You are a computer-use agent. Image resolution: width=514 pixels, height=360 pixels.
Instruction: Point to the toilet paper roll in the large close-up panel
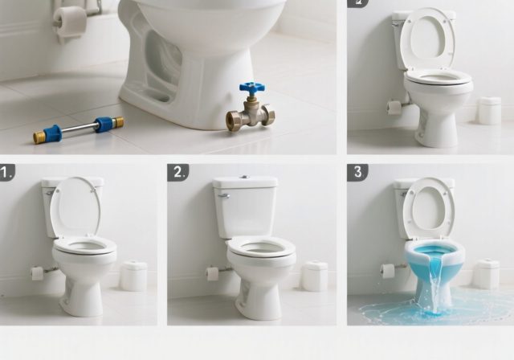71,22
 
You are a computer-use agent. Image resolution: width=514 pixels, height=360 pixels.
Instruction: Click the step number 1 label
7,172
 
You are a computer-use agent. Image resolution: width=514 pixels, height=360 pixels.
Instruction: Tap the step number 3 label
357,172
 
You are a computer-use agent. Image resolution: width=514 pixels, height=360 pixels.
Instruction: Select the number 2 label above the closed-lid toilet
177,172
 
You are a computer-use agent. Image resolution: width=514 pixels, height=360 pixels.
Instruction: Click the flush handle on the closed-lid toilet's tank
223,195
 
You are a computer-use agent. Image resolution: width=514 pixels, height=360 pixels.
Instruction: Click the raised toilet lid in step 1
75,207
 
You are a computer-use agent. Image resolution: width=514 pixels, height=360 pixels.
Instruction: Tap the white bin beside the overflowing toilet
485,274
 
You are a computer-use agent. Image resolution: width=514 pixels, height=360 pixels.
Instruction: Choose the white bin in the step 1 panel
133,276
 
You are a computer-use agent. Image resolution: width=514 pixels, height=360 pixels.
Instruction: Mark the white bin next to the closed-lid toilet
314,276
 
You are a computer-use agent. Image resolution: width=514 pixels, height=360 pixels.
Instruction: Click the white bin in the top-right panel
489,111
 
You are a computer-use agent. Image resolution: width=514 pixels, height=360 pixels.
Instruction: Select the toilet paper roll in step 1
37,273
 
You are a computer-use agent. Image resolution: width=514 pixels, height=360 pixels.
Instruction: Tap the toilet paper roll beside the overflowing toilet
388,271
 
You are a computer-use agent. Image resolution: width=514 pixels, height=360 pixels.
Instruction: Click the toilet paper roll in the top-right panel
394,107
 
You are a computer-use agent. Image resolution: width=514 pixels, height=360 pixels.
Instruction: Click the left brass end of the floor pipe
39,137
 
